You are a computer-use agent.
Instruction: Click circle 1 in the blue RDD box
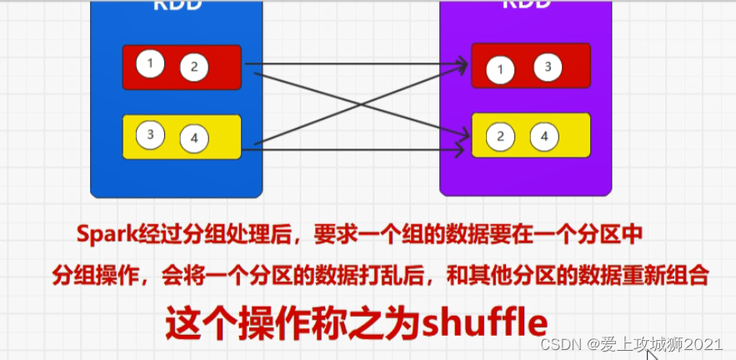pyautogui.click(x=151, y=62)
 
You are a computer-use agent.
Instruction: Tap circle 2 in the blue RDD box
pyautogui.click(x=193, y=67)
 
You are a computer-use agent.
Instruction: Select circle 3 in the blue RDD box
pyautogui.click(x=151, y=133)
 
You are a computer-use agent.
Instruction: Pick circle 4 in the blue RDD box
pyautogui.click(x=194, y=138)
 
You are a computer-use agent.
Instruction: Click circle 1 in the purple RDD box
pyautogui.click(x=500, y=70)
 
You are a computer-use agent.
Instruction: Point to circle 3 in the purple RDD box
pyautogui.click(x=548, y=67)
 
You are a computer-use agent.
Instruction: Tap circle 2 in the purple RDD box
pyautogui.click(x=500, y=137)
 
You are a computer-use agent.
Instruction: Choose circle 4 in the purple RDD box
pyautogui.click(x=544, y=136)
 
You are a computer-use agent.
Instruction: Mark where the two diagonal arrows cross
pyautogui.click(x=360, y=105)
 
